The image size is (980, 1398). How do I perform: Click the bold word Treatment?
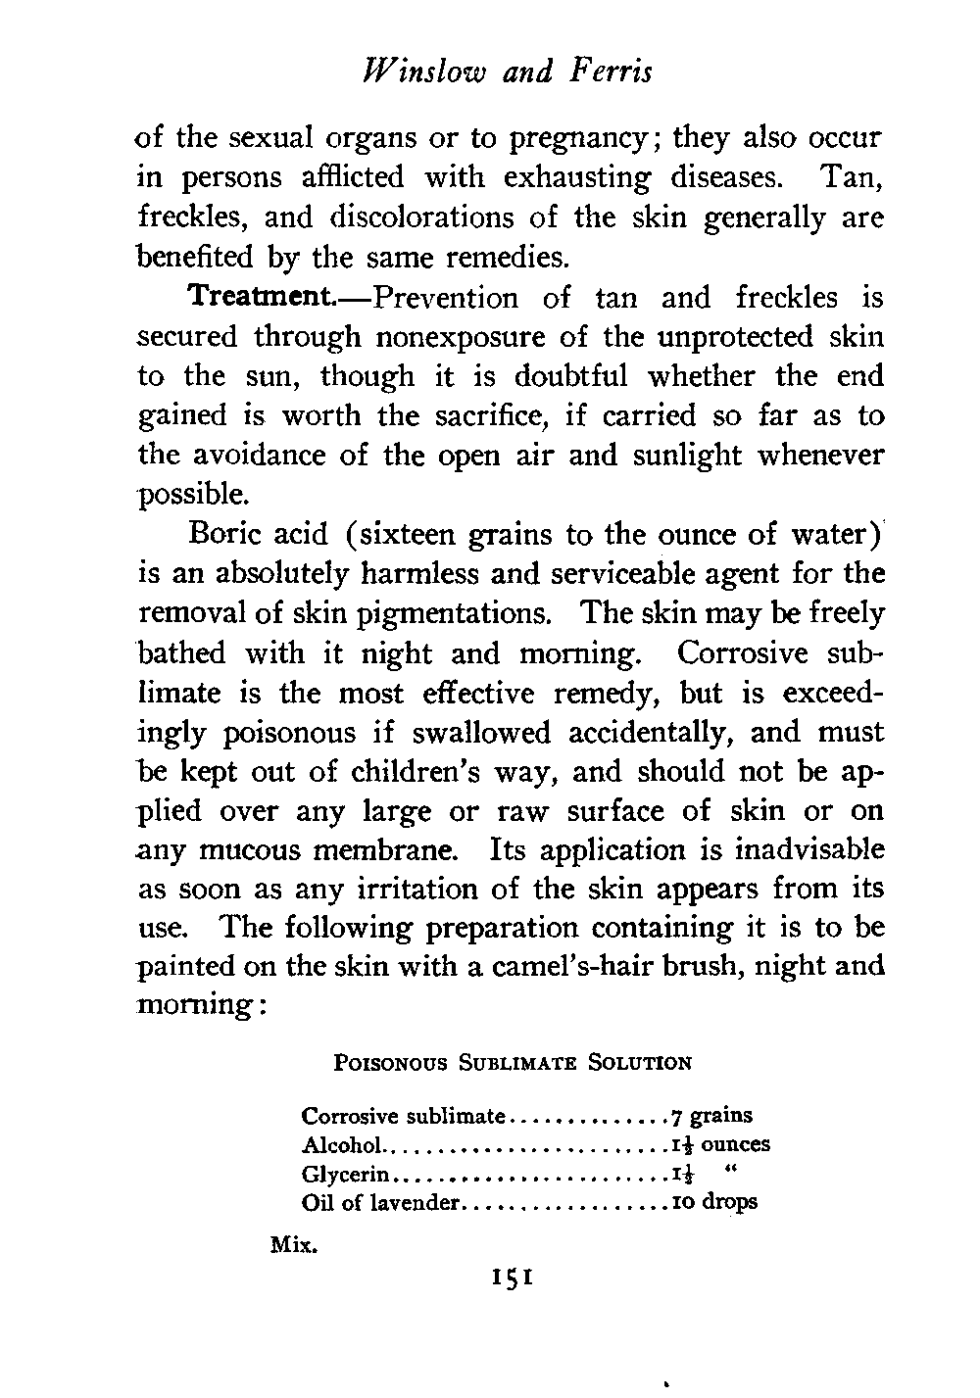tap(264, 296)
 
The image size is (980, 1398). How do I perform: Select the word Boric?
tap(224, 535)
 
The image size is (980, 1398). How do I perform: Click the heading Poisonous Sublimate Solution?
tap(514, 1062)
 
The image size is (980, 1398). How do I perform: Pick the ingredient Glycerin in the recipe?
tap(347, 1174)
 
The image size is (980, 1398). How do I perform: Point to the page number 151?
tap(513, 1277)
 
